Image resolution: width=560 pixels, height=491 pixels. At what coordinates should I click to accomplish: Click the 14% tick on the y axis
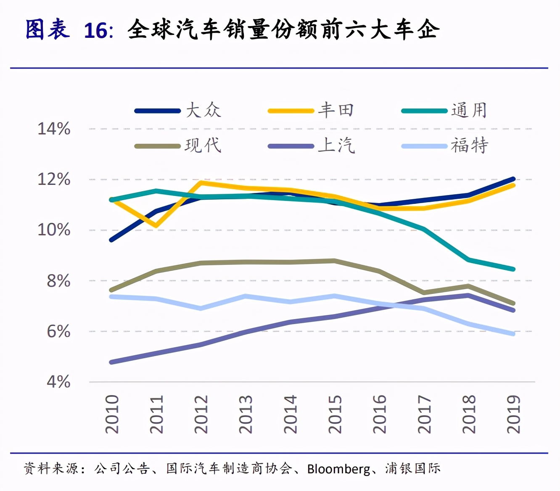click(54, 129)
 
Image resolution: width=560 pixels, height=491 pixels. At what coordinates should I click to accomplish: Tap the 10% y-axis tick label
click(54, 230)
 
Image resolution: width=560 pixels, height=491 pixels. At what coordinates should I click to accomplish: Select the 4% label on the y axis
click(58, 382)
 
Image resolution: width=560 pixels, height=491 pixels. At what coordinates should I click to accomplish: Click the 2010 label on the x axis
click(112, 414)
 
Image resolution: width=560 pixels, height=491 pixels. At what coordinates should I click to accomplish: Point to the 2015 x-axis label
click(335, 414)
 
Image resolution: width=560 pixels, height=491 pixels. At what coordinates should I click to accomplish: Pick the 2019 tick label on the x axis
click(513, 414)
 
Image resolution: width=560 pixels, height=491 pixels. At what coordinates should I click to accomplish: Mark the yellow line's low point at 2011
click(156, 226)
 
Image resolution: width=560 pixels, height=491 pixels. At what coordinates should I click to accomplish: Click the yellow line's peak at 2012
click(201, 182)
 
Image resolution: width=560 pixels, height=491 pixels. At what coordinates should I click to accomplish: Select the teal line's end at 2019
click(513, 269)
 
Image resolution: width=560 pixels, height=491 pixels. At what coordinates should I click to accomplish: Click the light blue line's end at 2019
click(513, 334)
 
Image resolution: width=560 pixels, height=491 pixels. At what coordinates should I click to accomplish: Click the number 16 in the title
click(96, 31)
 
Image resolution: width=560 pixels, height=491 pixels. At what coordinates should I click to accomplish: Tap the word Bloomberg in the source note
click(339, 469)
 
